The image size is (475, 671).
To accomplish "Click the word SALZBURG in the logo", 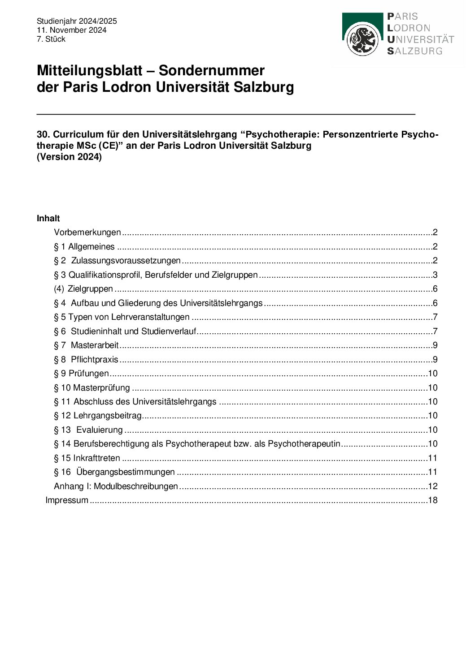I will [x=415, y=51].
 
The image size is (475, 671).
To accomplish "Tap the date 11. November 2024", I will [x=72, y=30].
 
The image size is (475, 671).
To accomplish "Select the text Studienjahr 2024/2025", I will [x=77, y=21].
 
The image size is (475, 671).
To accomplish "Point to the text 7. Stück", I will [x=51, y=39].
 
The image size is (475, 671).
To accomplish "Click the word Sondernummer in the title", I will [x=212, y=71].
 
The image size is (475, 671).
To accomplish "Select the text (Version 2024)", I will [x=69, y=157].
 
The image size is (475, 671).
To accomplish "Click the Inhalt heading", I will [x=48, y=219].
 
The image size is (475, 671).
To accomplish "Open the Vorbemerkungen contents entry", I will [x=87, y=232].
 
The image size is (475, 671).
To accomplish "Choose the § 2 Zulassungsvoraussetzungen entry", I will [x=117, y=261].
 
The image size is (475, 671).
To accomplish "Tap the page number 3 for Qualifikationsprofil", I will [x=435, y=275].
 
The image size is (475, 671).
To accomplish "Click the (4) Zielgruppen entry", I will [x=83, y=289].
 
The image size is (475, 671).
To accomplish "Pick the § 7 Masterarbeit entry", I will [x=87, y=345].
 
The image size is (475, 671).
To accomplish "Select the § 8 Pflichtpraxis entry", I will [x=86, y=359].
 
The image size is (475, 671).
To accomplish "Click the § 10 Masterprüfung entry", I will [x=92, y=388].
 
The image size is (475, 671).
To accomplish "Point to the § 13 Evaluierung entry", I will [x=88, y=430].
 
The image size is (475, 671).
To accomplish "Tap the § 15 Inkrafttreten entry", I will [x=87, y=458].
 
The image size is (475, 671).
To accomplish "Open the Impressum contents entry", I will [x=67, y=500].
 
